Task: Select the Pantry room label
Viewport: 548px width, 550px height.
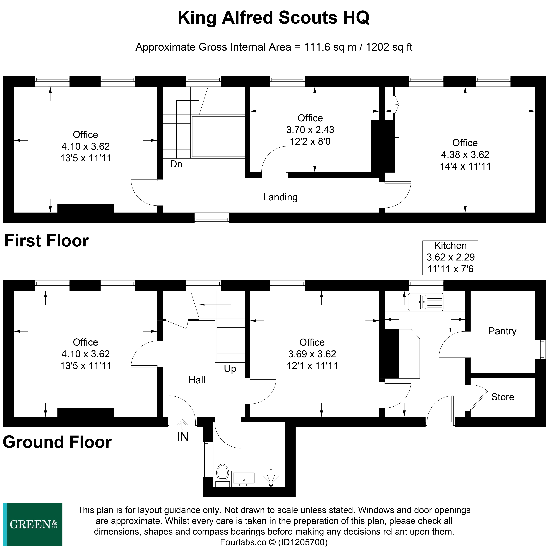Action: pyautogui.click(x=502, y=331)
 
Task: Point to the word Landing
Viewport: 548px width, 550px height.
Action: pyautogui.click(x=280, y=197)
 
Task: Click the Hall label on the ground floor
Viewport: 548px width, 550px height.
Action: pyautogui.click(x=197, y=380)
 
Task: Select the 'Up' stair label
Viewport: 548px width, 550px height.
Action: pyautogui.click(x=230, y=369)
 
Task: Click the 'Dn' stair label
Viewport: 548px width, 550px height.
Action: pyautogui.click(x=176, y=164)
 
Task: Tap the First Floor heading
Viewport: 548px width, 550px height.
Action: pyautogui.click(x=46, y=241)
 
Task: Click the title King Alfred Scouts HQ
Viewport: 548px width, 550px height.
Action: pyautogui.click(x=273, y=18)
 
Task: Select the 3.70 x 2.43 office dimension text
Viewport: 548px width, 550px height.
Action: pyautogui.click(x=310, y=130)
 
